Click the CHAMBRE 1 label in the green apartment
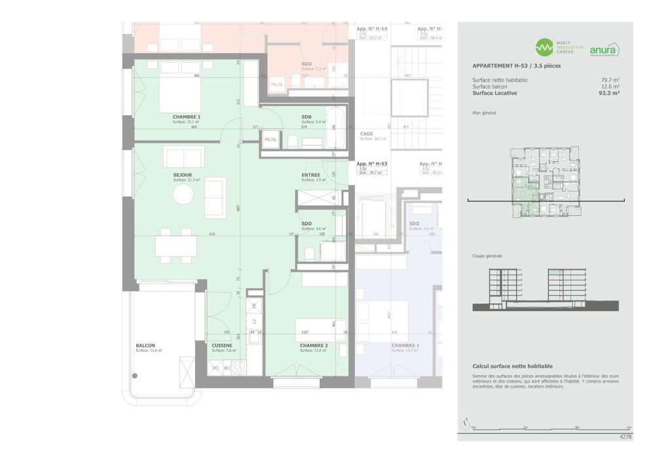pyautogui.click(x=187, y=117)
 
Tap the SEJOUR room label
pyautogui.click(x=183, y=175)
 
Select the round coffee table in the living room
pyautogui.click(x=183, y=194)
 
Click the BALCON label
pyautogui.click(x=145, y=345)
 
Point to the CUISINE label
pyautogui.click(x=222, y=345)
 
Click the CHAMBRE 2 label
pyautogui.click(x=314, y=345)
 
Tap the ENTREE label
pyautogui.click(x=310, y=175)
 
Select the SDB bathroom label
pyautogui.click(x=307, y=117)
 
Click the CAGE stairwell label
pyautogui.click(x=367, y=134)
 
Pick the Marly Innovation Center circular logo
pyautogui.click(x=544, y=47)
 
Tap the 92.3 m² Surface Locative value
pyautogui.click(x=609, y=93)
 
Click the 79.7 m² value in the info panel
pyautogui.click(x=610, y=80)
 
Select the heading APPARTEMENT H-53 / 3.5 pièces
pyautogui.click(x=516, y=66)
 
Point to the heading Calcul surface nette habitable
pyautogui.click(x=512, y=366)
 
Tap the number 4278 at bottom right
pyautogui.click(x=625, y=435)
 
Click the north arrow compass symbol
pyautogui.click(x=465, y=424)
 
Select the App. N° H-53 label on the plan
pyautogui.click(x=372, y=163)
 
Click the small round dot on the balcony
pyautogui.click(x=136, y=375)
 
